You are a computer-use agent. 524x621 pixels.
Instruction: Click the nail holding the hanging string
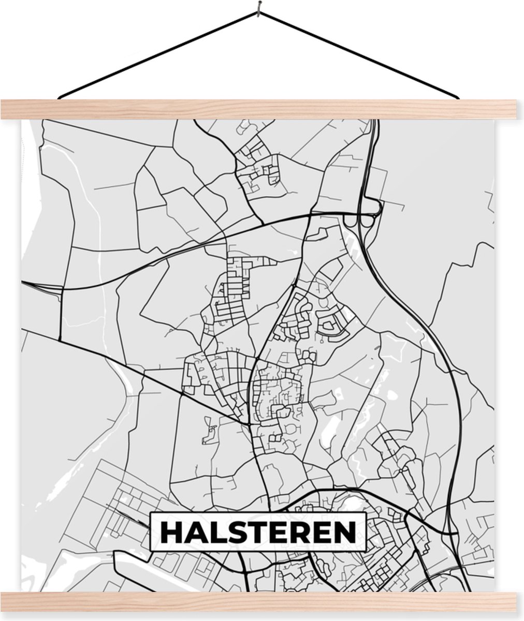pyautogui.click(x=257, y=7)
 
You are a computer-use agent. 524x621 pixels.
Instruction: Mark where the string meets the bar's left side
pyautogui.click(x=59, y=97)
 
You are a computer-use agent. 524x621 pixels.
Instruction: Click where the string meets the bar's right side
pyautogui.click(x=458, y=97)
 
